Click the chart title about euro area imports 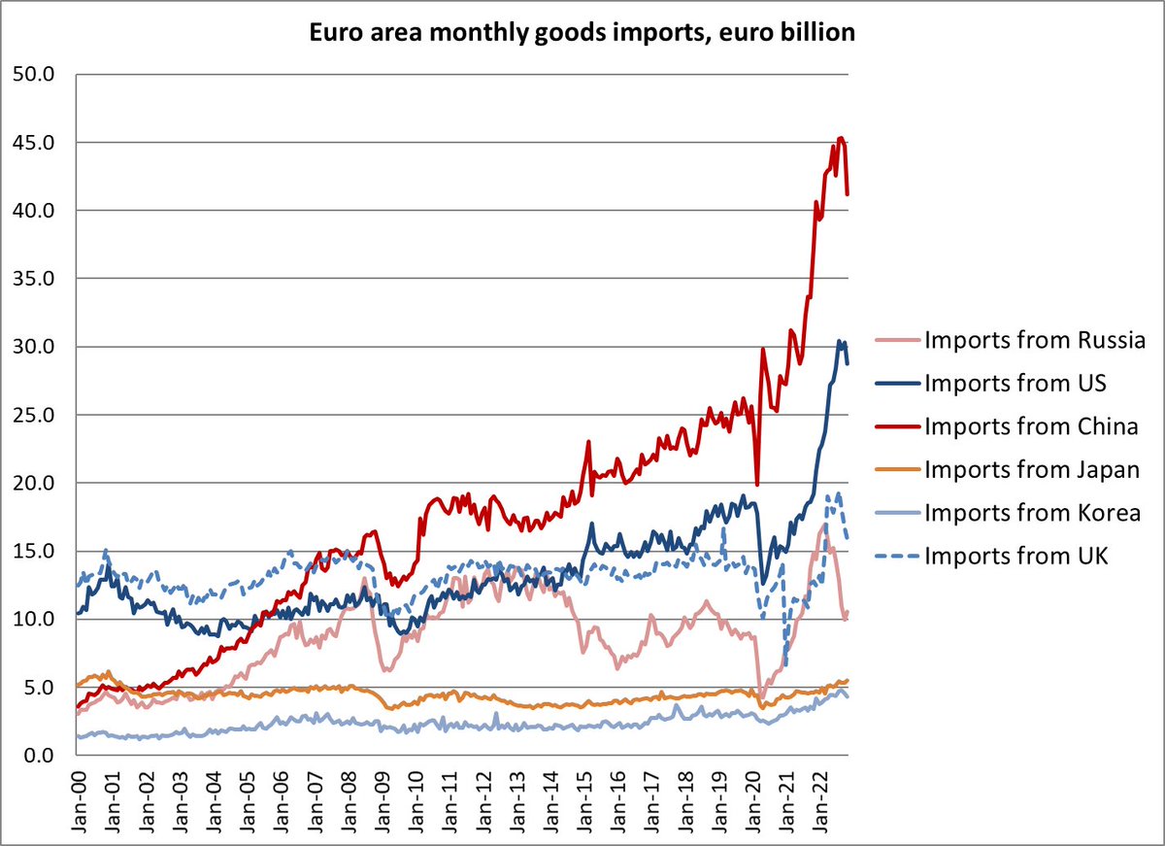tap(582, 33)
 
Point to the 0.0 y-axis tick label tap(37, 755)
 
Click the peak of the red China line tap(841, 138)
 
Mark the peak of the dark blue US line tap(840, 341)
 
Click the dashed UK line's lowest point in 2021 tap(783, 665)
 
